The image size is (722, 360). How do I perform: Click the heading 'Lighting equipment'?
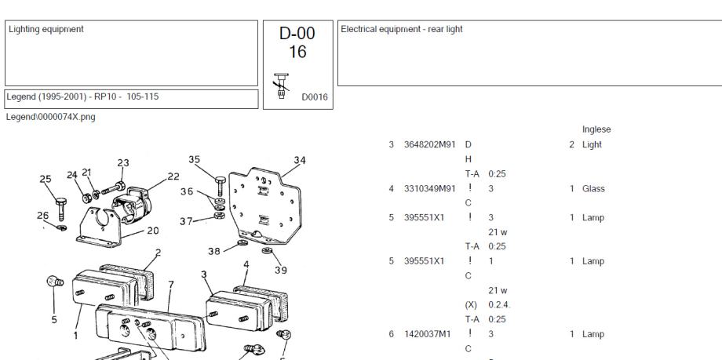coord(46,30)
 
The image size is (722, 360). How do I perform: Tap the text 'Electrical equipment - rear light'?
coord(402,30)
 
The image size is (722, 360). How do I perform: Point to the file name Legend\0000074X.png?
coord(50,116)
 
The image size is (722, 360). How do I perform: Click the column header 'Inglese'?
coord(596,129)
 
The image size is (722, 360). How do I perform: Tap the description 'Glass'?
coord(593,189)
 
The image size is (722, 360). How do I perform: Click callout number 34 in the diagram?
coord(299,161)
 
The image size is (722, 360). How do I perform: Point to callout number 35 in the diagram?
coord(194,159)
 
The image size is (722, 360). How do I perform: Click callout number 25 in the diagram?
coord(45,178)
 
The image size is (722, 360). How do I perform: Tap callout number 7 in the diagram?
coord(170,284)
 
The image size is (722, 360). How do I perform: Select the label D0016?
coord(315,97)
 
